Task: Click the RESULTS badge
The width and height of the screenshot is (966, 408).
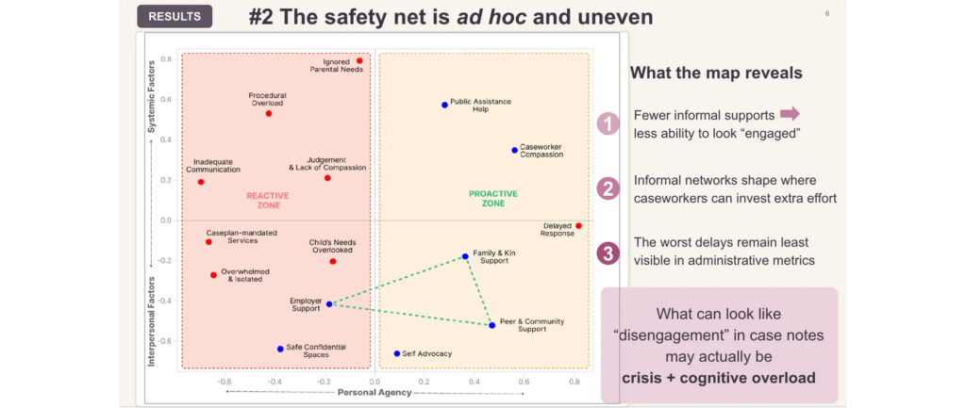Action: coord(175,17)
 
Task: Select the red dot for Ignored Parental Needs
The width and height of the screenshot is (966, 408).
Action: coord(359,61)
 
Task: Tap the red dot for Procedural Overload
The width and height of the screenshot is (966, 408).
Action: coord(269,113)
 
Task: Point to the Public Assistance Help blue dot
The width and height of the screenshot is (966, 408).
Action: coord(444,105)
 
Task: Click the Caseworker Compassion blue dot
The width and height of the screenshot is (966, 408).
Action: coord(514,150)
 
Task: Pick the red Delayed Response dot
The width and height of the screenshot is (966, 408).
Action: coord(578,226)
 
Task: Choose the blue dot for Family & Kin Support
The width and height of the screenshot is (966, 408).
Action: coord(465,256)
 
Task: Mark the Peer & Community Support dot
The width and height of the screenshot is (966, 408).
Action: coord(491,325)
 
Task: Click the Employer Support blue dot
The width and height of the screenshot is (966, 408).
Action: coord(329,304)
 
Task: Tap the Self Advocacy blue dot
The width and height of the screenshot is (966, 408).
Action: coord(397,353)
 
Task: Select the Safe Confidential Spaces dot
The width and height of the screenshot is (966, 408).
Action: coord(280,349)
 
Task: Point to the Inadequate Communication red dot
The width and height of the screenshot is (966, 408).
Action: coord(201,182)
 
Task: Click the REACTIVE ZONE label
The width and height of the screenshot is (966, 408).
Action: coord(267,200)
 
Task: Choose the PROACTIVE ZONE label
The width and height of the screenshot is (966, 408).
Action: coord(492,198)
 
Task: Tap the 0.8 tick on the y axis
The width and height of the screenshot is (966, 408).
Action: coord(166,59)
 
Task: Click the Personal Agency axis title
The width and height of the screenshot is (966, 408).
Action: coord(375,392)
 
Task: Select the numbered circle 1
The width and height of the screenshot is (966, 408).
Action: coord(608,124)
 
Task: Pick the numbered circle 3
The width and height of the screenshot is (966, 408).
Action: coord(608,253)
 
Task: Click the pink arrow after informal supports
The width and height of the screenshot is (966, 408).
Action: coord(790,113)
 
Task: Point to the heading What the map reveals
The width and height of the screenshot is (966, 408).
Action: coord(716,73)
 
